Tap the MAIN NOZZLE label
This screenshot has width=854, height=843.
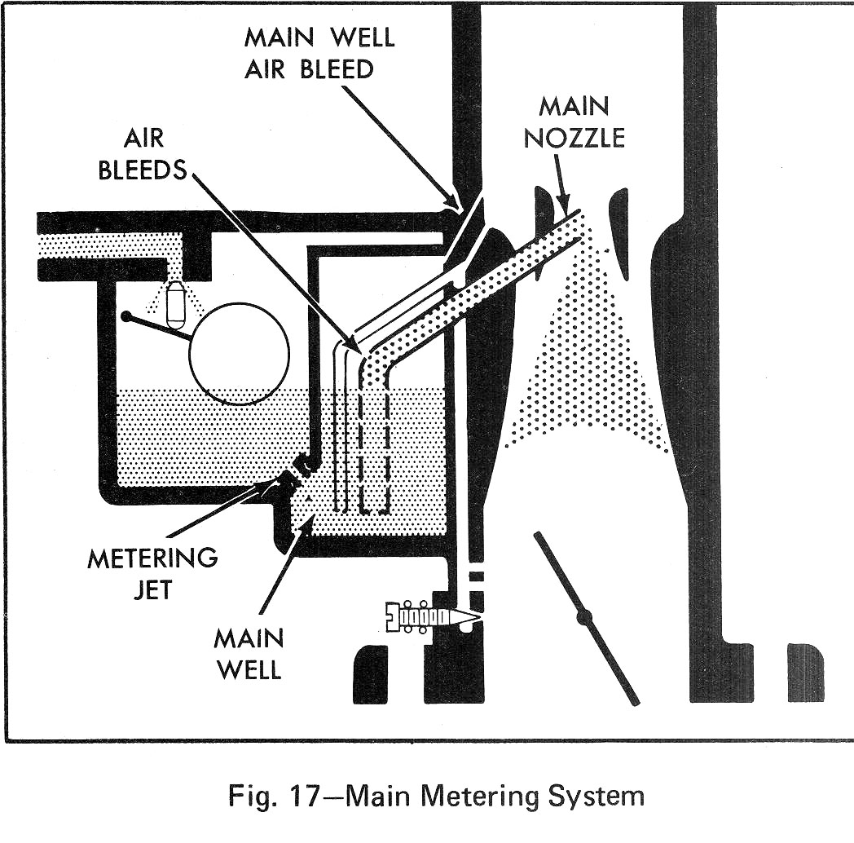pos(574,121)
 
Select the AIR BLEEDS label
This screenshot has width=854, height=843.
pos(143,156)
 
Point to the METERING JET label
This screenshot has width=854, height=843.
pos(152,573)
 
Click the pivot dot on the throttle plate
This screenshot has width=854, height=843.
pos(583,617)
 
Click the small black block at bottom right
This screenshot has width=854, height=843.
pos(805,672)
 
